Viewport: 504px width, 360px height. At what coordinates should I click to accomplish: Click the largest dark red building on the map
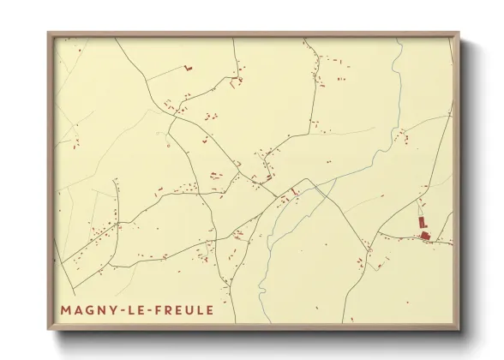coord(423,235)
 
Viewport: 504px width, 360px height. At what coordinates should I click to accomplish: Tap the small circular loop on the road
coord(169,145)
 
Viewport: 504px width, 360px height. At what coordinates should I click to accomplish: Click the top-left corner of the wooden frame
coord(49,33)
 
